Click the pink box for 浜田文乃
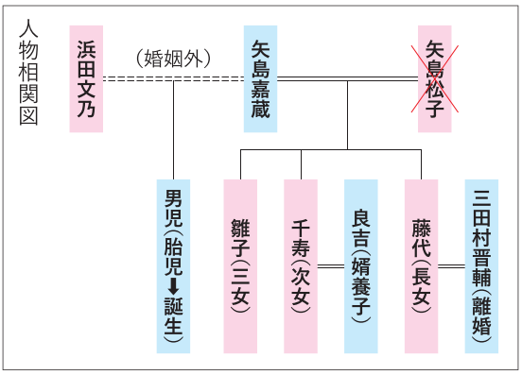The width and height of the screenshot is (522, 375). click(x=86, y=78)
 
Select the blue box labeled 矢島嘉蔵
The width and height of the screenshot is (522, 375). click(x=260, y=78)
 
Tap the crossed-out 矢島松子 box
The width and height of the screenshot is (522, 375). click(x=434, y=78)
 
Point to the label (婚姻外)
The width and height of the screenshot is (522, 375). click(x=173, y=60)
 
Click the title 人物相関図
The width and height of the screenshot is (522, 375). click(x=28, y=72)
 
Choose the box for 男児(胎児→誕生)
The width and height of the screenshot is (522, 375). click(x=173, y=266)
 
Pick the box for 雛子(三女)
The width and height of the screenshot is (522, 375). click(x=240, y=266)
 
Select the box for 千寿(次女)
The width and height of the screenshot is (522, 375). click(x=301, y=266)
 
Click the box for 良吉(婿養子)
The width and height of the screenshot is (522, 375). click(x=361, y=266)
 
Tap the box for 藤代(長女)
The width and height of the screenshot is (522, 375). click(x=421, y=266)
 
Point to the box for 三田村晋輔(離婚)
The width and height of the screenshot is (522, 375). click(x=481, y=266)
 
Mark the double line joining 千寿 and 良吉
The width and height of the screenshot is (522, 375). click(x=331, y=266)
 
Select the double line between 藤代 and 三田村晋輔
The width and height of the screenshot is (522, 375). click(x=451, y=266)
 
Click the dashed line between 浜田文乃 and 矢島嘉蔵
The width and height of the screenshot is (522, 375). click(x=173, y=78)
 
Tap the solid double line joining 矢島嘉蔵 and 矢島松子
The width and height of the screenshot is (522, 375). click(x=348, y=78)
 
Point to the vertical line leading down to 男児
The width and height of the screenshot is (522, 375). click(x=173, y=130)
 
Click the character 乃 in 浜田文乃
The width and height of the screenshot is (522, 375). click(x=86, y=108)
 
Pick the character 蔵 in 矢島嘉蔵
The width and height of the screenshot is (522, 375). click(x=260, y=108)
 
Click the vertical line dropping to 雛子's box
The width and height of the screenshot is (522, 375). click(x=241, y=164)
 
